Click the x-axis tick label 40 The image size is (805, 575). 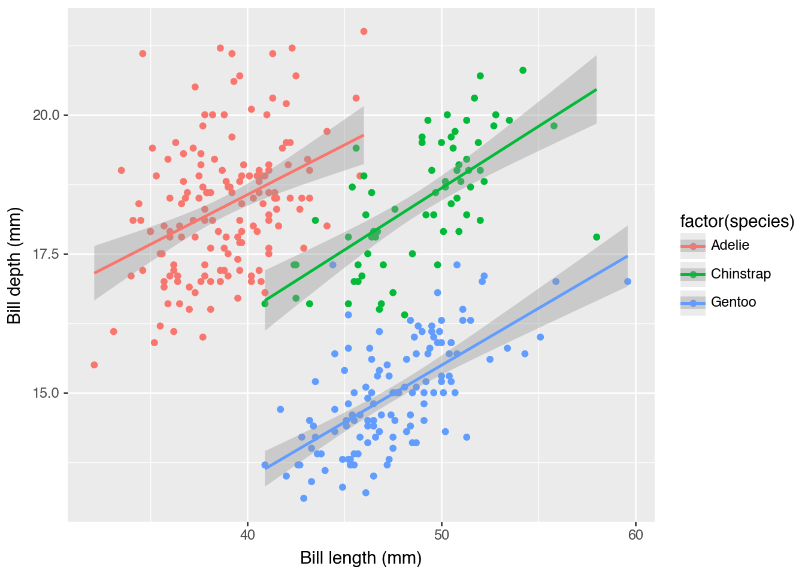tap(247, 534)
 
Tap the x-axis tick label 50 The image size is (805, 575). tap(441, 534)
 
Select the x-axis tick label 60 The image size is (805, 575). tap(635, 534)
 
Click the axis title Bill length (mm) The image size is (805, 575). tap(361, 558)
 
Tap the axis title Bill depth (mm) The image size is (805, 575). tap(14, 265)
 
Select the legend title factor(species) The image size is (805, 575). tap(737, 222)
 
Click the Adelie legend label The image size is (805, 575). tap(730, 245)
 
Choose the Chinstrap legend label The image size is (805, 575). tap(740, 274)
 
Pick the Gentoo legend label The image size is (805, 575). tap(733, 302)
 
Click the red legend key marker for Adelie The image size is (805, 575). tap(693, 246)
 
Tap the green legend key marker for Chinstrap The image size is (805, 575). tap(693, 274)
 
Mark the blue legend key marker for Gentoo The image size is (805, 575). tap(693, 303)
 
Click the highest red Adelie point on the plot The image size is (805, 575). tap(364, 31)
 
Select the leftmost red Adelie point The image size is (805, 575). tap(94, 365)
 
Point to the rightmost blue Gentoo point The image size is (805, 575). tap(627, 282)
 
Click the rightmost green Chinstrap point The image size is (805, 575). tap(597, 237)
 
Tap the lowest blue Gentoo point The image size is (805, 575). tap(304, 498)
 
